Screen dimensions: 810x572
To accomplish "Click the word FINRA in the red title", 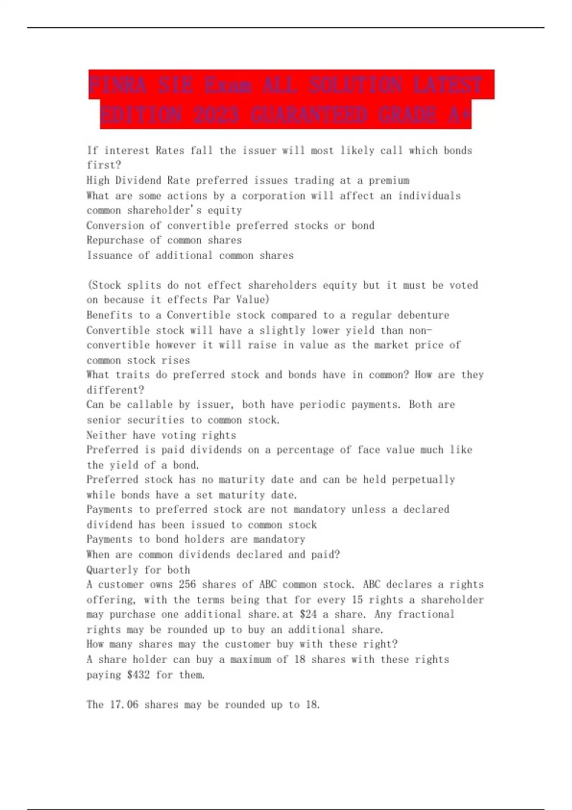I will click(117, 85).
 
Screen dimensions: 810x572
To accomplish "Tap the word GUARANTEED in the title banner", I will click(308, 115).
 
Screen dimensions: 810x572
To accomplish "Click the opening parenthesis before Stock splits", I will click(89, 285).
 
